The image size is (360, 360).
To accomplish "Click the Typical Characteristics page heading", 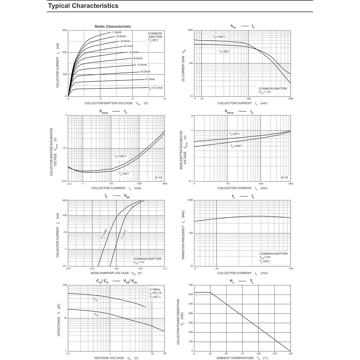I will pyautogui.click(x=83, y=6).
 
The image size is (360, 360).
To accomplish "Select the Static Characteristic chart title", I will pyautogui.click(x=112, y=27).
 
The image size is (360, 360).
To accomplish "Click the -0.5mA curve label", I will pyautogui.click(x=137, y=58).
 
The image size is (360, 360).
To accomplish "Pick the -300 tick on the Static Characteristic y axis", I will pyautogui.click(x=64, y=30).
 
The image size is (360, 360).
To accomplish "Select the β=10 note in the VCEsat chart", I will pyautogui.click(x=158, y=178).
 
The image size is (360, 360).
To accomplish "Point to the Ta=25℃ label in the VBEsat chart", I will pyautogui.click(x=235, y=134).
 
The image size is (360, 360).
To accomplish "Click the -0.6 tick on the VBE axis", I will pyautogui.click(x=116, y=269).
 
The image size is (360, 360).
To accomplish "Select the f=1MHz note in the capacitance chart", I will pyautogui.click(x=155, y=289).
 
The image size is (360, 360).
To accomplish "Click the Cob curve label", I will pyautogui.click(x=97, y=314).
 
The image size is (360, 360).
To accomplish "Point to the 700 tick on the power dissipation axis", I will pyautogui.click(x=190, y=285).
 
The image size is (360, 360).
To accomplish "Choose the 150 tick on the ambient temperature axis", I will pyautogui.click(x=290, y=353).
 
